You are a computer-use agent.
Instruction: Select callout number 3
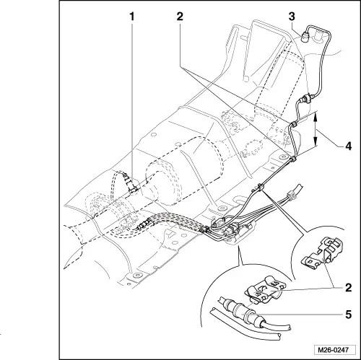tap(291, 15)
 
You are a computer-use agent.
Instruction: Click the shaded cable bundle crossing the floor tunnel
tap(166, 222)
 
